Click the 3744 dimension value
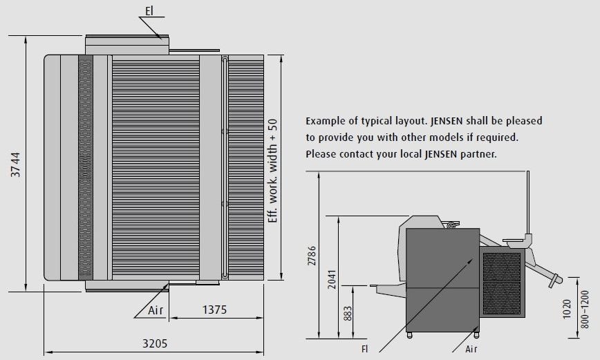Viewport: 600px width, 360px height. point(16,164)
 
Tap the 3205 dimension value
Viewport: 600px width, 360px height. point(155,343)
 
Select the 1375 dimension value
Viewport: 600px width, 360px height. point(215,310)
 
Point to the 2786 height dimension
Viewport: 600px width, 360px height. point(312,256)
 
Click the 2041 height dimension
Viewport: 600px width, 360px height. point(332,279)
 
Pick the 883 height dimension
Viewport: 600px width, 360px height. point(347,313)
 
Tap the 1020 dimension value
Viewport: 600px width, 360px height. point(567,309)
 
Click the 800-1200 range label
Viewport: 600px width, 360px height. point(585,309)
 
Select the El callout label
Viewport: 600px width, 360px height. point(149,11)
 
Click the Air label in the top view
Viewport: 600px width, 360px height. point(156,310)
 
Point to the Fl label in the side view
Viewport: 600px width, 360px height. point(365,349)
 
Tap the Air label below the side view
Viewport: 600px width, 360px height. point(471,349)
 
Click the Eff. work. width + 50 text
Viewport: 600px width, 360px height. point(272,171)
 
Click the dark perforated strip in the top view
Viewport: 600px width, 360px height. point(86,168)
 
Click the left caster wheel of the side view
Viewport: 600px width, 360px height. point(409,335)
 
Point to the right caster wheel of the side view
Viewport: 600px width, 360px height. point(476,335)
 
